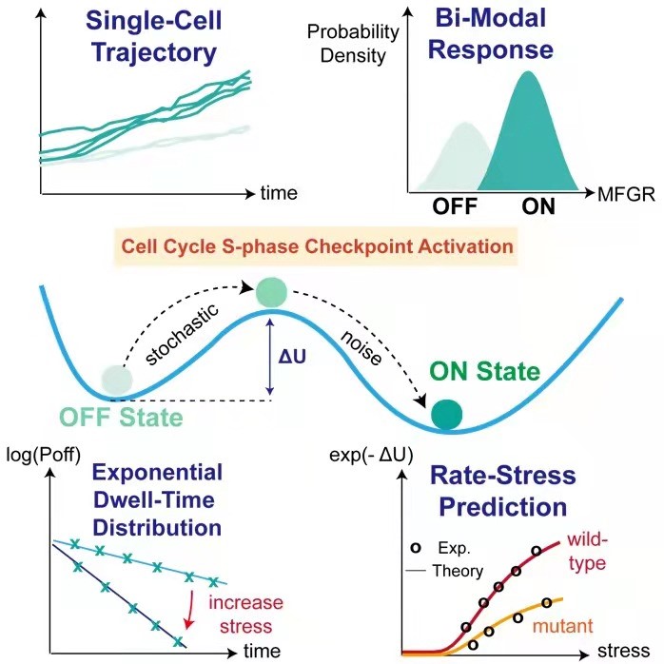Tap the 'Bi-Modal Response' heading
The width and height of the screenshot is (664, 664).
point(523,35)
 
